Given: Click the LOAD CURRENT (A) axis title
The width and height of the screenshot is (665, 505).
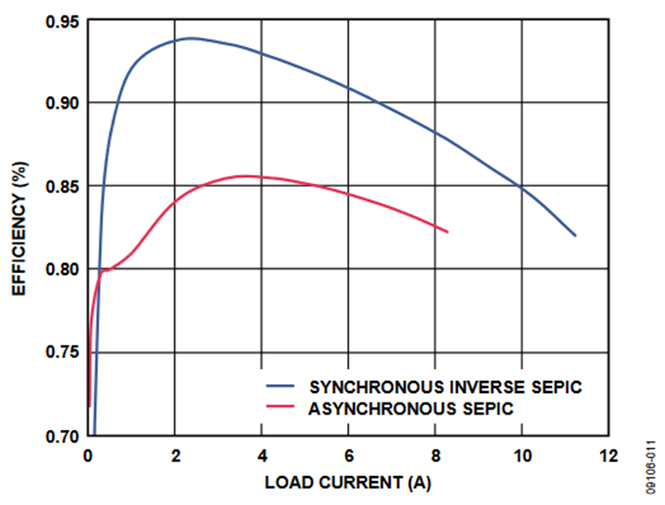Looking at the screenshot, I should [x=347, y=484].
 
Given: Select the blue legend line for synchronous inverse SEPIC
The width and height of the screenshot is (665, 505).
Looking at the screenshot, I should [x=281, y=387].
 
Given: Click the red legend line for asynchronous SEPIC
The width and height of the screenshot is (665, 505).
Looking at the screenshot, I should [x=281, y=408].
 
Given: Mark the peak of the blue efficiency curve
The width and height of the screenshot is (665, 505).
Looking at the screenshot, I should [x=191, y=38].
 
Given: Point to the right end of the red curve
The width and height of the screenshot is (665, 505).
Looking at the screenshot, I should [x=448, y=232].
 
